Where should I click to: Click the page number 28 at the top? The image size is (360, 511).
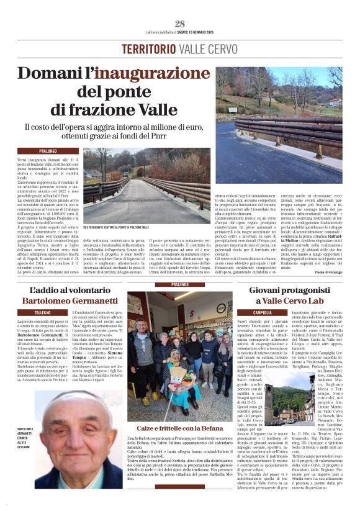tap(179, 24)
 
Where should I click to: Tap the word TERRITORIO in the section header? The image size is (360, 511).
tap(147, 49)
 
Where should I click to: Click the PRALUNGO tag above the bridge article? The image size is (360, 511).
tap(48, 151)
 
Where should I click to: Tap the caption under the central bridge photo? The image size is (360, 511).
tap(116, 227)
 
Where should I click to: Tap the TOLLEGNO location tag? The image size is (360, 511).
tap(43, 313)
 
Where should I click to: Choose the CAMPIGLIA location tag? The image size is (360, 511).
tap(262, 312)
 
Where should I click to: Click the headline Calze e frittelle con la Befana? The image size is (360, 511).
tap(179, 428)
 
